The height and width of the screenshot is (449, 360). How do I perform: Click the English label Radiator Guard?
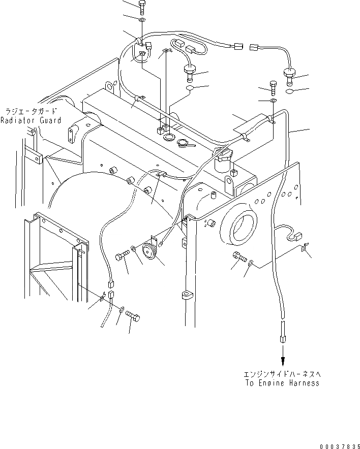(31, 120)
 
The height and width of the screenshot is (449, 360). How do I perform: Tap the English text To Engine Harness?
(281, 383)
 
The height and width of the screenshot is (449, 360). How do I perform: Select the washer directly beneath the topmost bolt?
(141, 20)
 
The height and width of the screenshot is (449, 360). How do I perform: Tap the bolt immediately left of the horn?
(123, 257)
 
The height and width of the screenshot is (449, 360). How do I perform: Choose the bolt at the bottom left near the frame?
(133, 317)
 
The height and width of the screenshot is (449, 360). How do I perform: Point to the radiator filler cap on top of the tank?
(185, 144)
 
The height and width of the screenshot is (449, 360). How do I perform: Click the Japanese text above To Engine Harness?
(282, 374)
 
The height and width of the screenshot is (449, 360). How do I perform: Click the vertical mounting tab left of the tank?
(70, 134)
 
